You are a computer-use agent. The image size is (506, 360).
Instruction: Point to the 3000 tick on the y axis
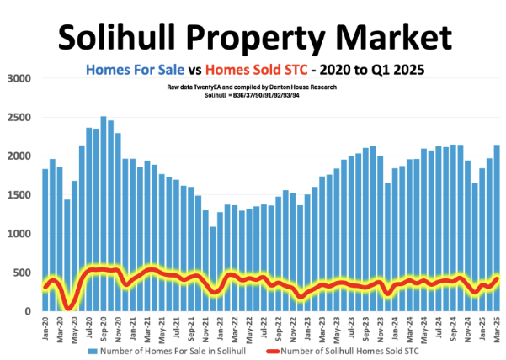(19, 78)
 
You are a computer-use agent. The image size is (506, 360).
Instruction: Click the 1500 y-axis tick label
(19, 195)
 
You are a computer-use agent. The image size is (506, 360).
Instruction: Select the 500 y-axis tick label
(21, 273)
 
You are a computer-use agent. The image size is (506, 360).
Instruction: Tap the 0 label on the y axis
(27, 311)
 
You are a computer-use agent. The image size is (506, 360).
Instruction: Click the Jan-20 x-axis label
(45, 328)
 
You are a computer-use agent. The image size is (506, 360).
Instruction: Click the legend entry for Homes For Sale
(169, 349)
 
